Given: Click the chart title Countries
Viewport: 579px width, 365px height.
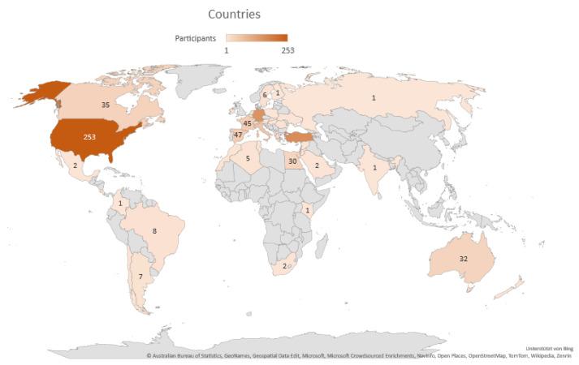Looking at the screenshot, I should tap(234, 14).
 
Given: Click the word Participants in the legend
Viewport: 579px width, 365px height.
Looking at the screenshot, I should tap(195, 38).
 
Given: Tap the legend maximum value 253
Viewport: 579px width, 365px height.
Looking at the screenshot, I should tap(287, 50).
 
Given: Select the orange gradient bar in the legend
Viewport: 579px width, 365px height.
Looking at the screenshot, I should tap(257, 38).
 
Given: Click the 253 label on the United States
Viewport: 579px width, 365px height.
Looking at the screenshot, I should tap(89, 137).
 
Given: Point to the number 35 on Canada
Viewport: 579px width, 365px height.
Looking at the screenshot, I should tap(106, 105).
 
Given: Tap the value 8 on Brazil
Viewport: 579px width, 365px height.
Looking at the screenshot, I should tap(153, 231).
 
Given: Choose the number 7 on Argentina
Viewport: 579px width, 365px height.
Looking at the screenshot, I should tap(140, 277).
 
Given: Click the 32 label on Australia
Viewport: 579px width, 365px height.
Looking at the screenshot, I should tap(463, 258).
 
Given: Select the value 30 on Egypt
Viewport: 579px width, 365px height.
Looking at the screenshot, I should tap(292, 161).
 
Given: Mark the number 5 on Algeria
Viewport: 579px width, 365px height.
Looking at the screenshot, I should tap(247, 158).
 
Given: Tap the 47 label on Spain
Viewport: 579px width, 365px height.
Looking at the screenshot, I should tap(238, 135).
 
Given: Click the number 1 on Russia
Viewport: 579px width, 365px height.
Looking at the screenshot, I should tap(374, 98).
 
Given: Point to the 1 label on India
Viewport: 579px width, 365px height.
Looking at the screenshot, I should tap(374, 168).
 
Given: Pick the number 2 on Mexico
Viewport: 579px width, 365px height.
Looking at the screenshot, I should tap(75, 165).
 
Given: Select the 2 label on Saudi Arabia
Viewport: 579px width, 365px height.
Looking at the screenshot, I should tap(317, 165).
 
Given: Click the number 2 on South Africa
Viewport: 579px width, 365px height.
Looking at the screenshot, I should tap(284, 265).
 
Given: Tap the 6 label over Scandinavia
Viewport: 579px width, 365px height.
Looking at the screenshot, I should tap(264, 95).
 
